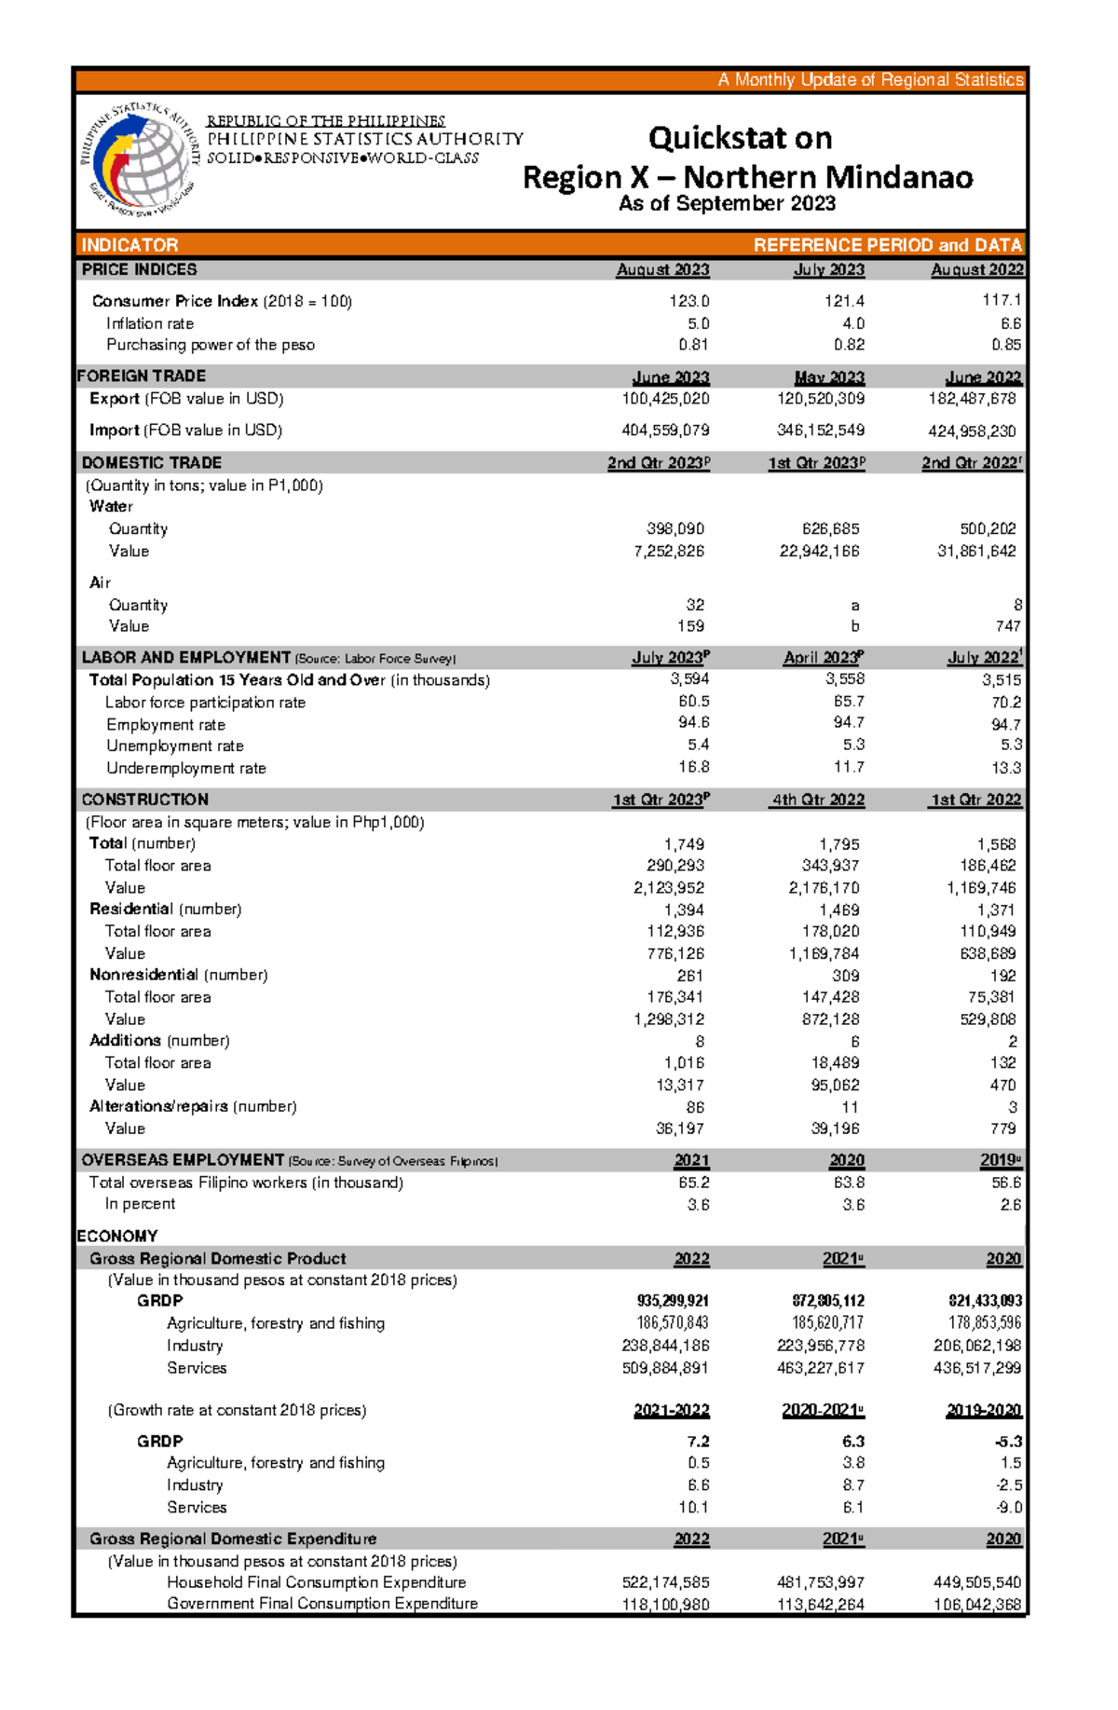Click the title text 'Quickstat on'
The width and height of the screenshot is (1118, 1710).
point(740,138)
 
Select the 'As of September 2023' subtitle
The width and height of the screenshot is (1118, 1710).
point(727,203)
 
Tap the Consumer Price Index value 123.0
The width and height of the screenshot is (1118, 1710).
point(689,301)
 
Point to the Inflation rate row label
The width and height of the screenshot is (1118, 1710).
point(150,323)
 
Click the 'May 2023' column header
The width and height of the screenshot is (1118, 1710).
point(829,377)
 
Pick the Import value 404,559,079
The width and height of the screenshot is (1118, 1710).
point(665,431)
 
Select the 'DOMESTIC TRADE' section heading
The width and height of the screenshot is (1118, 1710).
point(151,462)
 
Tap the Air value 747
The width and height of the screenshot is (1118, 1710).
point(1007,626)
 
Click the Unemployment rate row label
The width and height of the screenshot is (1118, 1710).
point(175,746)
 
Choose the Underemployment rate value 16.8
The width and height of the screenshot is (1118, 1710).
point(693,767)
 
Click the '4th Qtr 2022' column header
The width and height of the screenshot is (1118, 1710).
point(818,800)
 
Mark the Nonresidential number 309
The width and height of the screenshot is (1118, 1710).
point(846,976)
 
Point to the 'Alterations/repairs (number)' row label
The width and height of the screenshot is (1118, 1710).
point(193,1106)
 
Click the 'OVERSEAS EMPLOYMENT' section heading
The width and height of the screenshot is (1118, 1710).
point(183,1160)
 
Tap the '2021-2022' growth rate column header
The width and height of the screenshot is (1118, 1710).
point(671,1410)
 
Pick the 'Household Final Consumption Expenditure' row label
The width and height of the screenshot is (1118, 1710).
point(316,1582)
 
